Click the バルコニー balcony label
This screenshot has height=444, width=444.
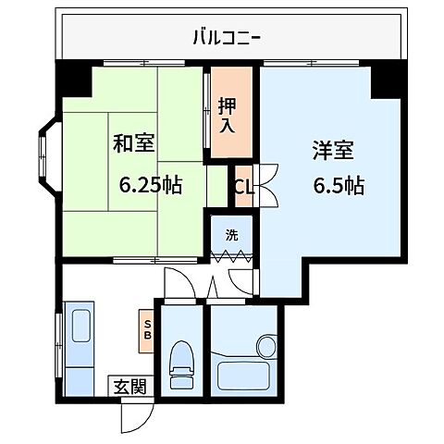pos(226,38)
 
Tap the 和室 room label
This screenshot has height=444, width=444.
pos(133,144)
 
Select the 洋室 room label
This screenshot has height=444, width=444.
pos(330,149)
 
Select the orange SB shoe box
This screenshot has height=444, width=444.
pos(146,329)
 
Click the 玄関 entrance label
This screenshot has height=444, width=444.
pos(130,387)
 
